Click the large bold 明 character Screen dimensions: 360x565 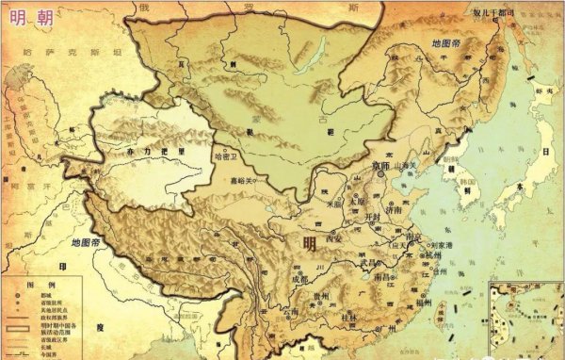pyautogui.click(x=310, y=243)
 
